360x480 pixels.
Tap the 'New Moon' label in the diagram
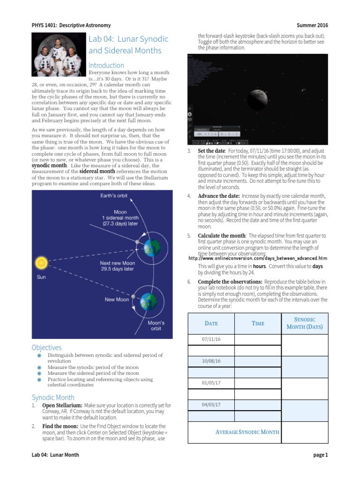pyautogui.click(x=117, y=300)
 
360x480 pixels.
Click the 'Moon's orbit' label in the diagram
pyautogui.click(x=156, y=326)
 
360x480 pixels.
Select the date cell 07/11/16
pyautogui.click(x=211, y=339)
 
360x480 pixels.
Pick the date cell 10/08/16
pyautogui.click(x=211, y=361)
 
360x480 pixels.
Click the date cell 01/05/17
pyautogui.click(x=211, y=382)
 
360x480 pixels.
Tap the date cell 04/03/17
pyautogui.click(x=211, y=405)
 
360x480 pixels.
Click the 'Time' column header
pyautogui.click(x=258, y=323)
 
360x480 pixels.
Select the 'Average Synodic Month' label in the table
pyautogui.click(x=247, y=432)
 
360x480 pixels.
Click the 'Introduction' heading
pyautogui.click(x=106, y=66)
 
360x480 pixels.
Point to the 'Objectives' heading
pyautogui.click(x=46, y=348)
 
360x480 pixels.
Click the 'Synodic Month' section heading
pyautogui.click(x=52, y=397)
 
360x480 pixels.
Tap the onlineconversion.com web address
pyautogui.click(x=257, y=258)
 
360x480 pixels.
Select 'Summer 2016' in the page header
pyautogui.click(x=313, y=25)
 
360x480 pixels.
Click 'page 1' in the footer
pyautogui.click(x=321, y=455)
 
